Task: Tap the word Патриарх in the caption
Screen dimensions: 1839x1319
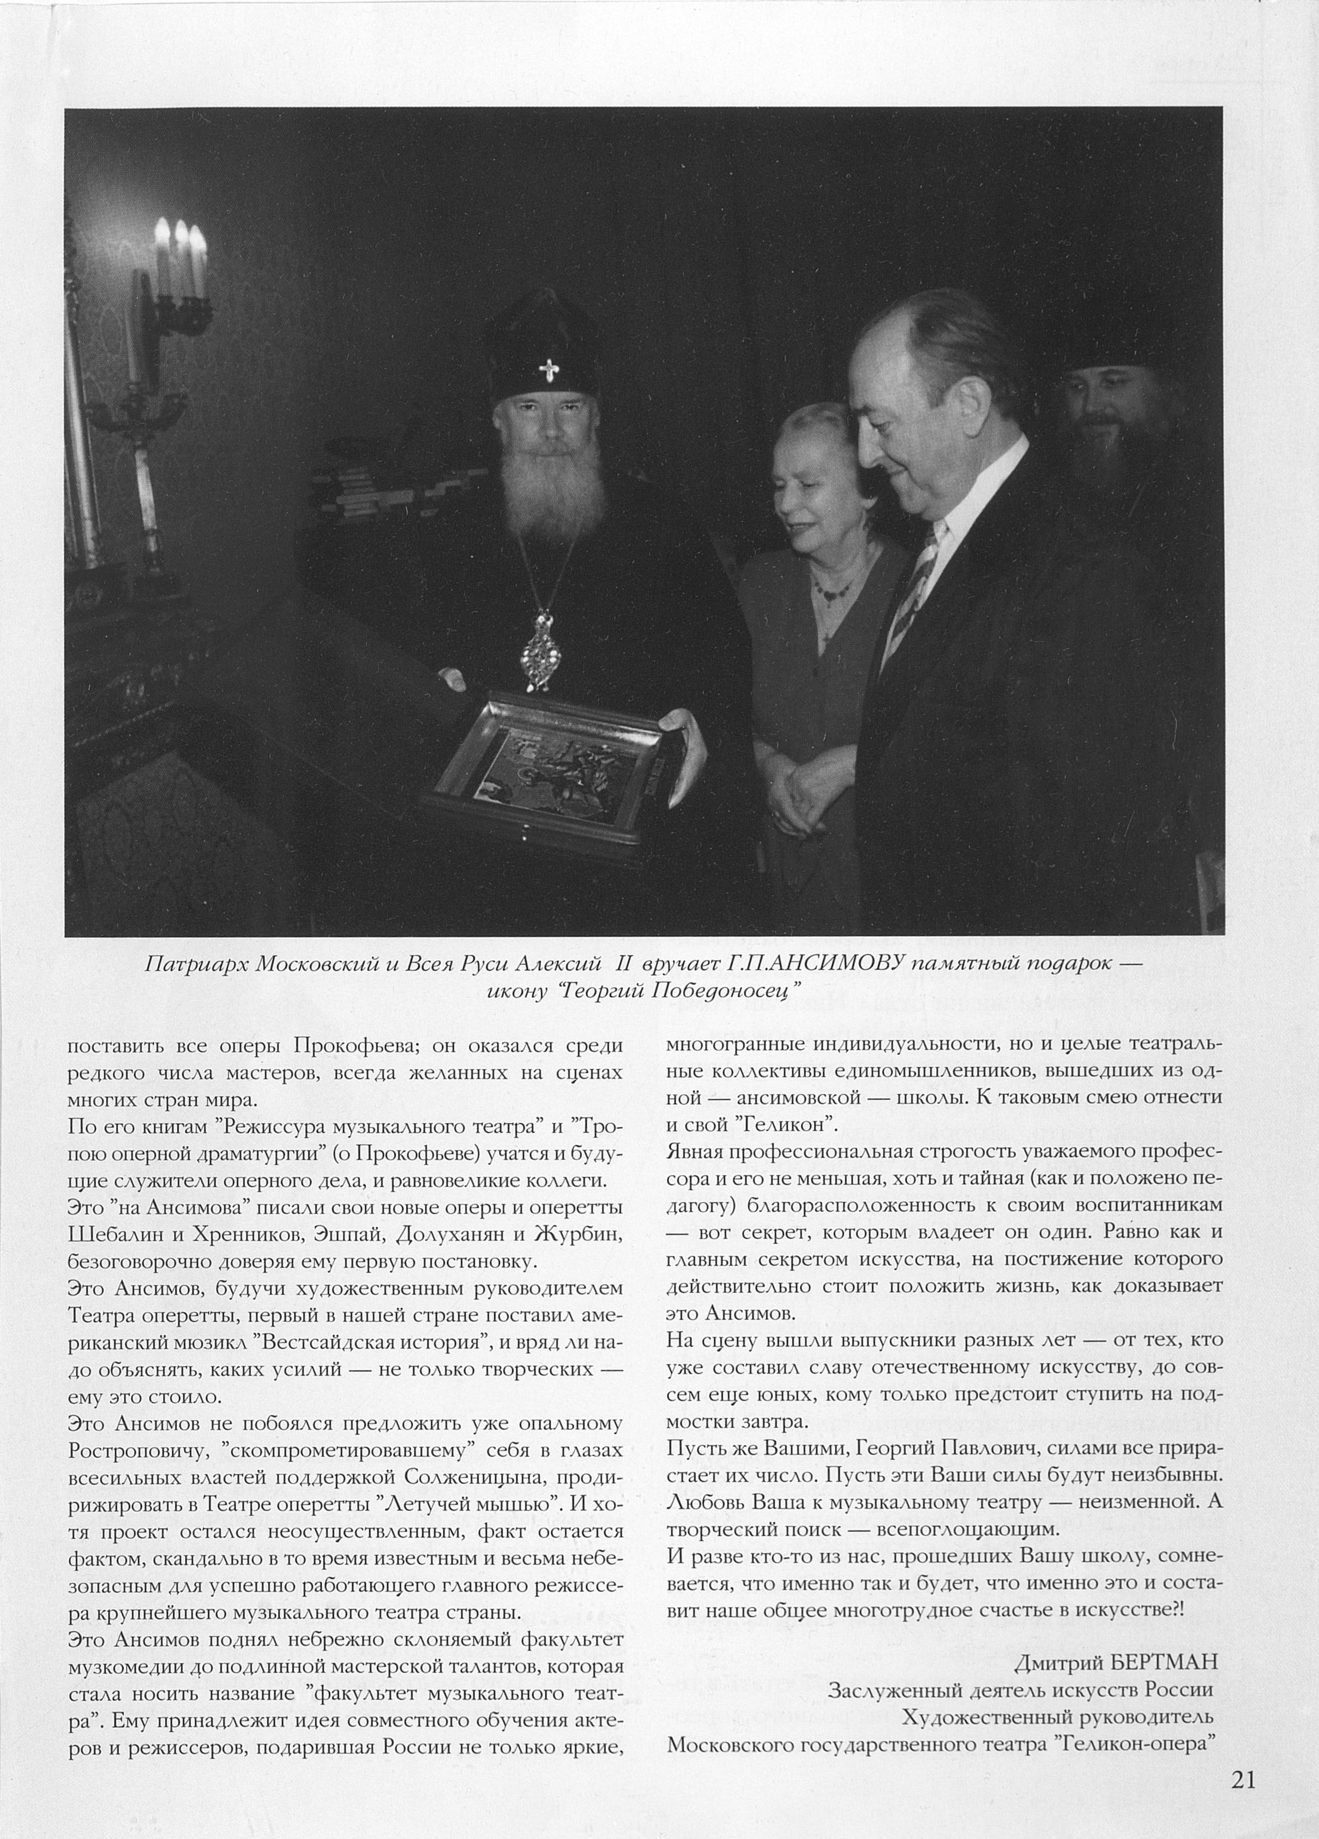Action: pos(197,964)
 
